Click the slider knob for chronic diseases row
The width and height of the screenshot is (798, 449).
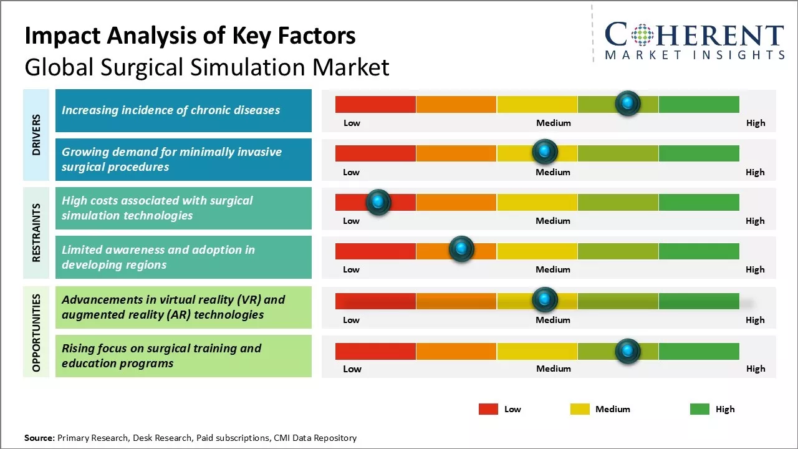(x=628, y=103)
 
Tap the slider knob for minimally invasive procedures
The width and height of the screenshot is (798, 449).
(x=545, y=152)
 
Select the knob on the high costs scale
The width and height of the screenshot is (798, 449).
(x=378, y=201)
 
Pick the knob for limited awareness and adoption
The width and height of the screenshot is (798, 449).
(x=461, y=249)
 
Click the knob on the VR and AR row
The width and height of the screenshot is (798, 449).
(x=545, y=300)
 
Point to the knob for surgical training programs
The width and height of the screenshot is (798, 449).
(x=628, y=352)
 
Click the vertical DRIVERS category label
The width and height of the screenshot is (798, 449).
(x=36, y=135)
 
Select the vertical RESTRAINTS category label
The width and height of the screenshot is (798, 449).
(x=36, y=233)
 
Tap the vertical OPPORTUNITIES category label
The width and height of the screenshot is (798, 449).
(x=36, y=332)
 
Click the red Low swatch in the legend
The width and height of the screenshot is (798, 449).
(x=488, y=409)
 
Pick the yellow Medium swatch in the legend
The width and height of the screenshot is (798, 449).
(x=580, y=409)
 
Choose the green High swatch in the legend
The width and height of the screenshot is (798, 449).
(x=699, y=409)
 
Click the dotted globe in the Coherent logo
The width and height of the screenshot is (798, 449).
(x=642, y=35)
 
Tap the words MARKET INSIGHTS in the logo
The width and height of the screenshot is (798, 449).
(x=695, y=56)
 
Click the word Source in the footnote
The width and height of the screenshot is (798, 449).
(x=39, y=438)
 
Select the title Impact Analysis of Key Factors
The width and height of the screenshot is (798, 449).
(x=190, y=36)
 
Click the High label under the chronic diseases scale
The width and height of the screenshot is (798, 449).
(x=755, y=123)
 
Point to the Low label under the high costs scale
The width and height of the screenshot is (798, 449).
(x=351, y=221)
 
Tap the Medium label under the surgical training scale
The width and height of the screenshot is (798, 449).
(x=553, y=369)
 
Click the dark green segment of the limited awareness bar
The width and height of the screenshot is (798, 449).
(x=698, y=251)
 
